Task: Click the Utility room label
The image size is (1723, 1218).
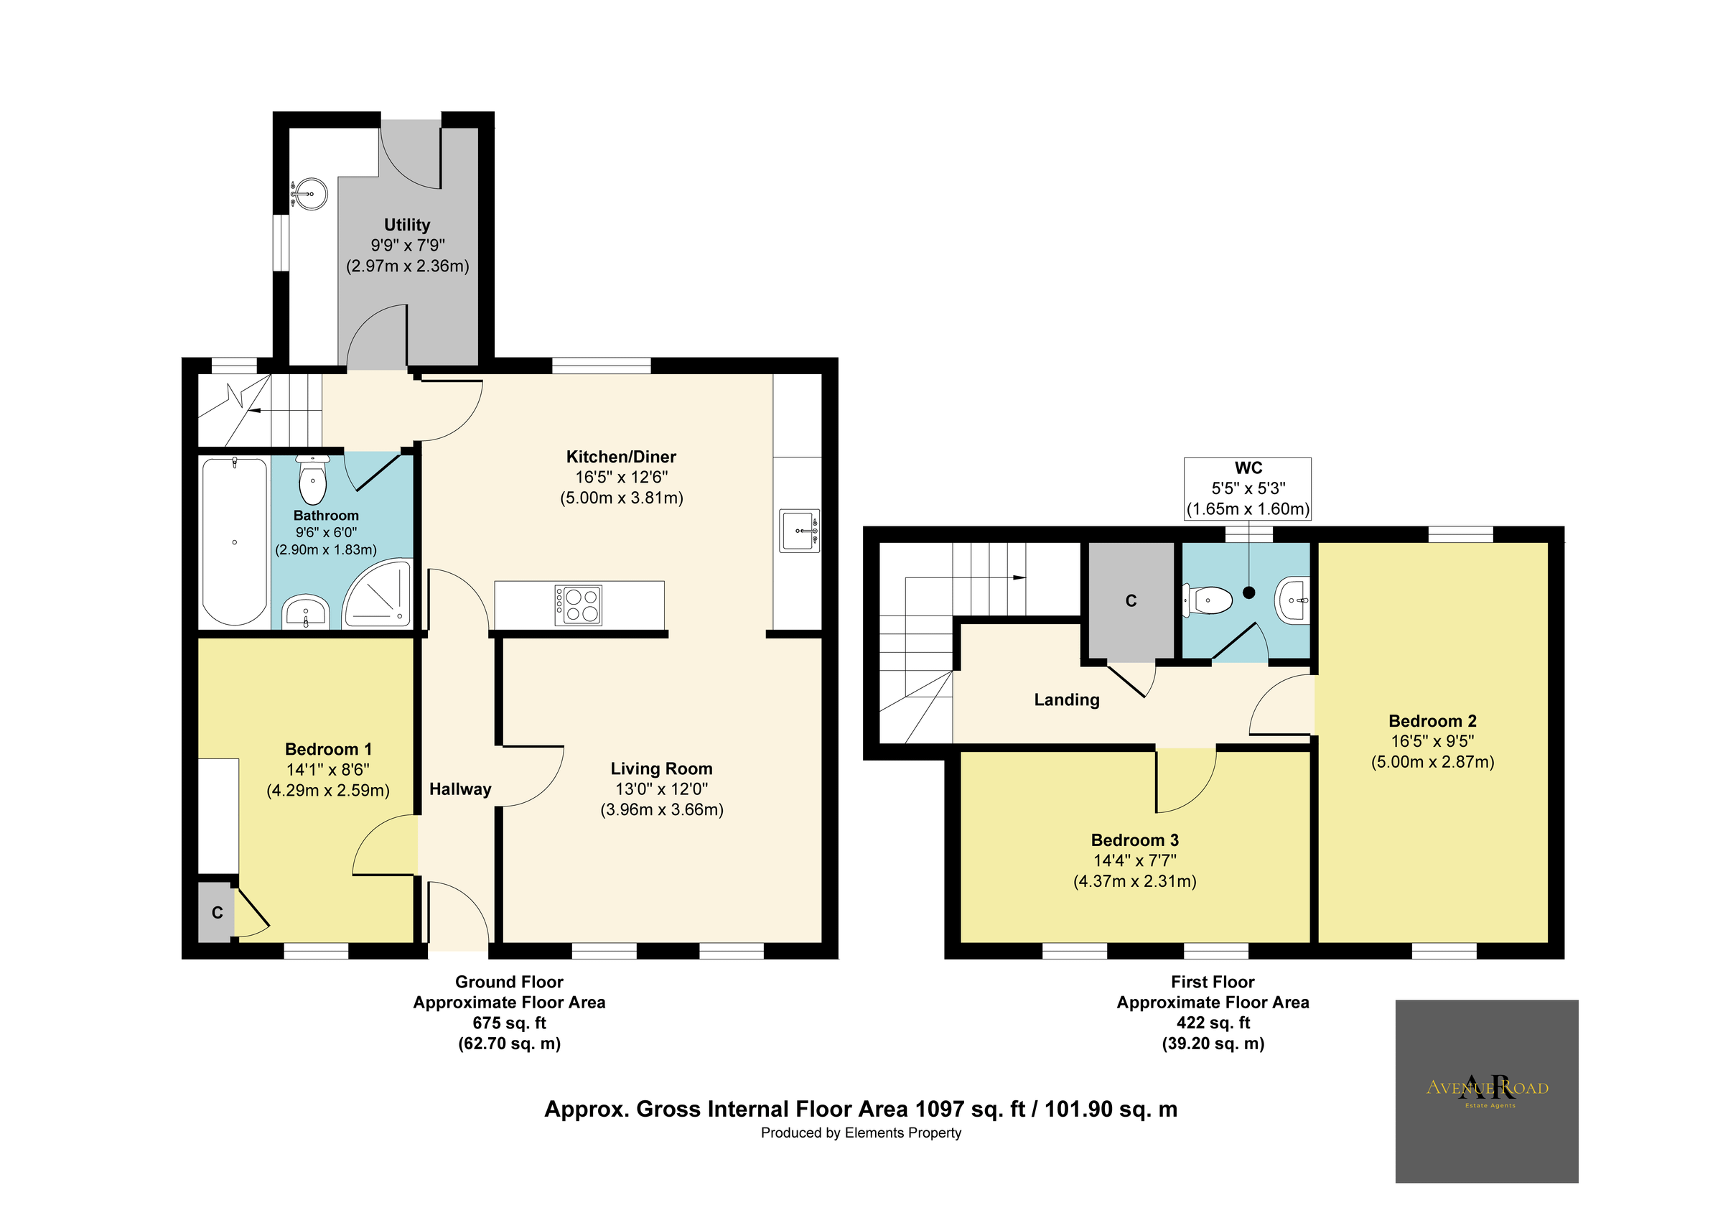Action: tap(407, 225)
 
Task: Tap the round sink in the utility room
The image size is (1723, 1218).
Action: tap(309, 194)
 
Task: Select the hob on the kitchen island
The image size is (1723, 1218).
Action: tap(578, 605)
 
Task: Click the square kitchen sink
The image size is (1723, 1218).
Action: tap(799, 531)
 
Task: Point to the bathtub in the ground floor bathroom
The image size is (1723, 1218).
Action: tap(235, 541)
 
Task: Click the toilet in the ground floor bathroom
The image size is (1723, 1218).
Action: tap(312, 480)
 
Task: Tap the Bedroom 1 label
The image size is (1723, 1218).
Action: tap(328, 749)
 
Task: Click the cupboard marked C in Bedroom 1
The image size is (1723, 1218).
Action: tap(217, 913)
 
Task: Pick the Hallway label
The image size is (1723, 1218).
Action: tap(460, 789)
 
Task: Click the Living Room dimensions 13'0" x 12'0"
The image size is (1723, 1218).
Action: tap(661, 789)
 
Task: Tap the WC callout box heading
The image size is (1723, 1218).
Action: tap(1248, 468)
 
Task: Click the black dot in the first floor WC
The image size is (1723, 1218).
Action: tap(1248, 592)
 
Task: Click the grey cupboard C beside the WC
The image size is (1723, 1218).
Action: tap(1131, 600)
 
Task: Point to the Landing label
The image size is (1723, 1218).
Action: tap(1066, 699)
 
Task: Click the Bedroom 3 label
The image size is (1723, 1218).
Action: tap(1134, 840)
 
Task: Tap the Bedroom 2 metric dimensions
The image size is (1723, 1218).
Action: tap(1432, 762)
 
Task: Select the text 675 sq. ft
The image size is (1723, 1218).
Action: tap(509, 1023)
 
